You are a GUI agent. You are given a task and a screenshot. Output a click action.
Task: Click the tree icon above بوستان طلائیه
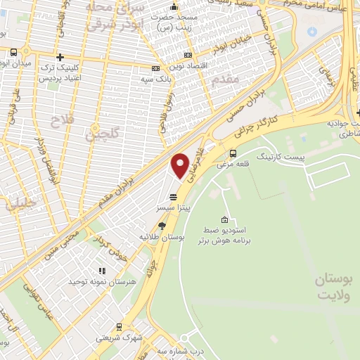point(162,225)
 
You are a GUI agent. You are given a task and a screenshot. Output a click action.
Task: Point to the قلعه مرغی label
point(233,164)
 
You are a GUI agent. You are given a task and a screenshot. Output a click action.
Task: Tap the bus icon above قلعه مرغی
point(233,153)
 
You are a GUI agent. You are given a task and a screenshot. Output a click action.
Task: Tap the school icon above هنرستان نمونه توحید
point(102,270)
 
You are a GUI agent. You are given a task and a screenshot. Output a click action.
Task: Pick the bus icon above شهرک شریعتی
point(120,326)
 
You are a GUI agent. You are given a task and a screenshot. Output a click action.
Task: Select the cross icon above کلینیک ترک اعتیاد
point(60,57)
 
